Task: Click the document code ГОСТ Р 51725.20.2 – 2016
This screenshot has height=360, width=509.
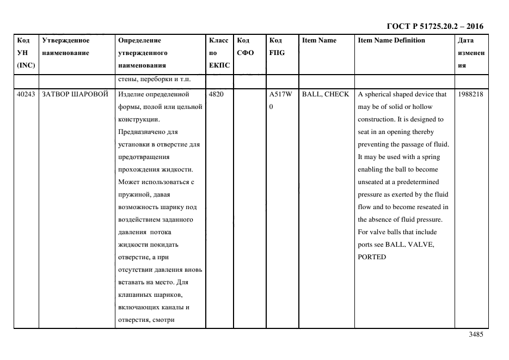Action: coord(434,26)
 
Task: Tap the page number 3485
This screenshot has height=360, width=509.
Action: coord(476,335)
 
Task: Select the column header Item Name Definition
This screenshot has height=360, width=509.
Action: coord(391,40)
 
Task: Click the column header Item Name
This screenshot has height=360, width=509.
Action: coord(319,40)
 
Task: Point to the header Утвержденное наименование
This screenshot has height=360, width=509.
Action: coord(66,46)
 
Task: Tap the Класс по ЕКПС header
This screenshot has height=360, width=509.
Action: coord(219,53)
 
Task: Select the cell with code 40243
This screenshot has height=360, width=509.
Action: coord(26,94)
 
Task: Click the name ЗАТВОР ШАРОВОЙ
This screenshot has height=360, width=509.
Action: coord(71,94)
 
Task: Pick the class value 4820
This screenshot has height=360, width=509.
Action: coord(216,94)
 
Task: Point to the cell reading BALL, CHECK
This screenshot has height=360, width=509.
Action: coord(326,94)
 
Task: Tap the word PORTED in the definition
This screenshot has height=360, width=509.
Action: coord(372,257)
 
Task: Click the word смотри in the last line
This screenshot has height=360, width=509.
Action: coord(162,320)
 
